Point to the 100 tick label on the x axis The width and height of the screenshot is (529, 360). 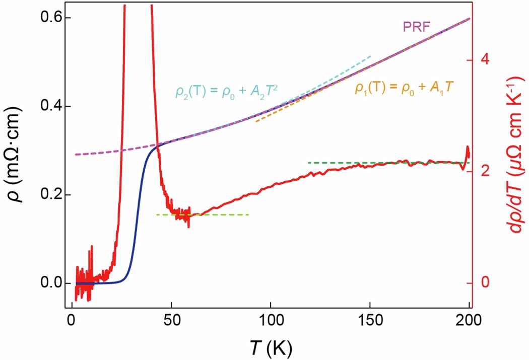[270, 322]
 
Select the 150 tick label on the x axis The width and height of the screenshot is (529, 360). [370, 322]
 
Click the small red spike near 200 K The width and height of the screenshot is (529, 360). [468, 151]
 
